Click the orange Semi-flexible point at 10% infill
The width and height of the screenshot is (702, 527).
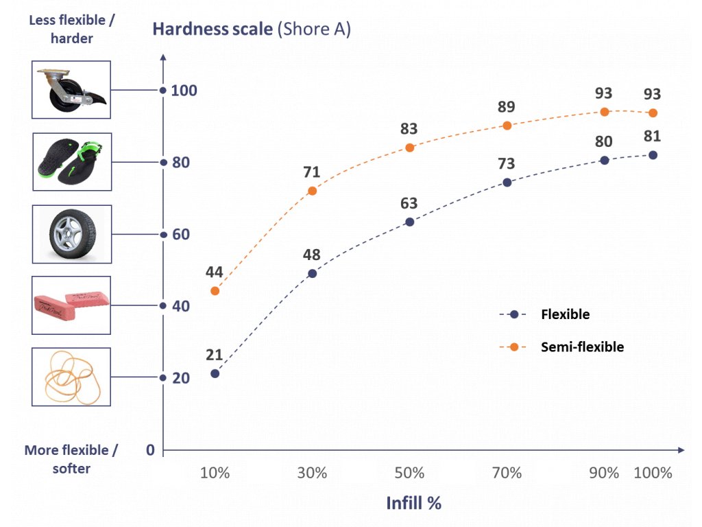tap(215, 291)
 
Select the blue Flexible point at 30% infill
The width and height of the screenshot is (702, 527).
tap(313, 273)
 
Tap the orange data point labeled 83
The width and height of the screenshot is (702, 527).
tap(410, 148)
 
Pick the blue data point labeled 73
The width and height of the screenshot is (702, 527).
tap(507, 183)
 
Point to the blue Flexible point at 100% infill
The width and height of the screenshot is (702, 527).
tap(653, 155)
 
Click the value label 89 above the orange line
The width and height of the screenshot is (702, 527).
tap(507, 107)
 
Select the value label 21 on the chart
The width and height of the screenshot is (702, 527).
tap(215, 355)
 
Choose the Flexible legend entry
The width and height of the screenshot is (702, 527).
tap(564, 315)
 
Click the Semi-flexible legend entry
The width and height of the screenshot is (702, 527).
tap(582, 347)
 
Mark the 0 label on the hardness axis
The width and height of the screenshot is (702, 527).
tap(151, 450)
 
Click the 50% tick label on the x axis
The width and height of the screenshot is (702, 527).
tap(410, 473)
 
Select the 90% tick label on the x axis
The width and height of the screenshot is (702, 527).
tap(604, 473)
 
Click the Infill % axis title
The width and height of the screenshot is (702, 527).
tap(413, 503)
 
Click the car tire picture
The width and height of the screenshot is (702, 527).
tap(72, 235)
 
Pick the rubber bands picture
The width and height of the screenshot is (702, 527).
tap(72, 377)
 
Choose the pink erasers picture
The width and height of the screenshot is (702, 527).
tap(72, 304)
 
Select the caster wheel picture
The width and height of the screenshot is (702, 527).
tap(72, 90)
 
